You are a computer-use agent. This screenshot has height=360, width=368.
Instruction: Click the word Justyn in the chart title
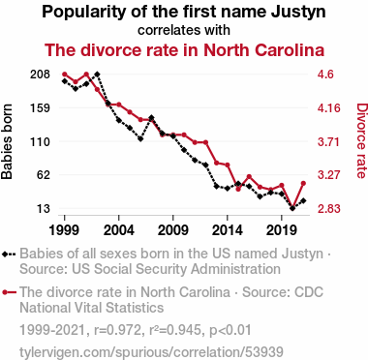click(298, 13)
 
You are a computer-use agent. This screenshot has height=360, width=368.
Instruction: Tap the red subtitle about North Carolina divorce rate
click(184, 50)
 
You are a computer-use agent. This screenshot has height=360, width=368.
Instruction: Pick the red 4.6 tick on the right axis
click(325, 75)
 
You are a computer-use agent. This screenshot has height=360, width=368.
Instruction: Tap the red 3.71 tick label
click(328, 141)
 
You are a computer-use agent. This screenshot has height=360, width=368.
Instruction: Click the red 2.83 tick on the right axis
click(329, 209)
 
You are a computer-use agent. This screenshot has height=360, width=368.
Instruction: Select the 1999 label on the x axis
click(65, 230)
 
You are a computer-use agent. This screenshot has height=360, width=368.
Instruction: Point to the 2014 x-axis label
click(228, 230)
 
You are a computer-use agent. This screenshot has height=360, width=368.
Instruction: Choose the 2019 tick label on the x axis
click(282, 230)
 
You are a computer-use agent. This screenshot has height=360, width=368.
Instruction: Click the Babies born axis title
click(7, 141)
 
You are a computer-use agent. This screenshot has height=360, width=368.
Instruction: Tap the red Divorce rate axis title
click(362, 140)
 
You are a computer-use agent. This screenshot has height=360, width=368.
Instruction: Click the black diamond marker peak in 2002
click(97, 75)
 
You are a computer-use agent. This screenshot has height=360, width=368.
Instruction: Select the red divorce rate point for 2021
click(303, 183)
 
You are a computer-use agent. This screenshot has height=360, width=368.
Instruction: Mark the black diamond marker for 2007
click(151, 117)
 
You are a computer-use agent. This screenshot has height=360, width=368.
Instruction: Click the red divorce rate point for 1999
click(65, 75)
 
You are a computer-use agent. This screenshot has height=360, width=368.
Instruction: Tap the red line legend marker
click(9, 292)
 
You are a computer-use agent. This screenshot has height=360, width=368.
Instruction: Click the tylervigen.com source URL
click(151, 352)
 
